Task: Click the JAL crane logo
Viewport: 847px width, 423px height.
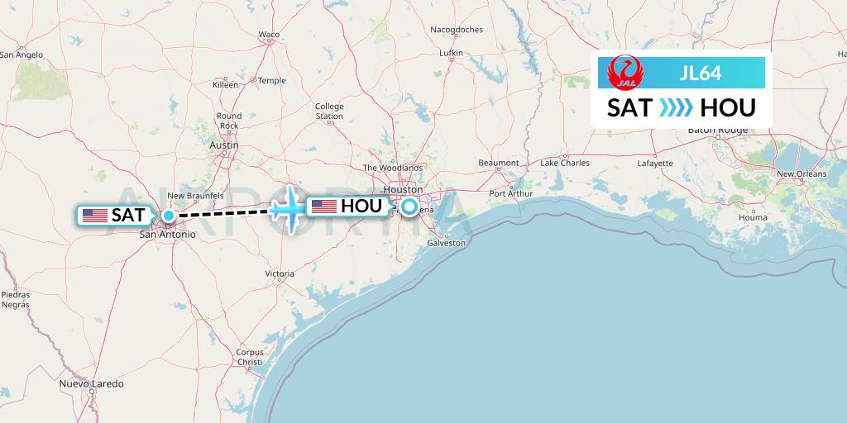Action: (x=622, y=73)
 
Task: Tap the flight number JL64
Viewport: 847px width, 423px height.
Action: (x=700, y=73)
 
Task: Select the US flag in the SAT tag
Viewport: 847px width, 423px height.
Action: (x=95, y=216)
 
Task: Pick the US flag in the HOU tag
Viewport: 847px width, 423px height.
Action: (x=323, y=207)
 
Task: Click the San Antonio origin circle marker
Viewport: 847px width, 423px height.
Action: (x=168, y=216)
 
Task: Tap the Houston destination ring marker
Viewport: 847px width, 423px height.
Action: (x=409, y=207)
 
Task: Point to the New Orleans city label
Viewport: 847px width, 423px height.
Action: (x=801, y=173)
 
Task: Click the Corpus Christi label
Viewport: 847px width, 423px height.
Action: (x=249, y=357)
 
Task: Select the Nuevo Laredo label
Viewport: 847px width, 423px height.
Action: (x=91, y=384)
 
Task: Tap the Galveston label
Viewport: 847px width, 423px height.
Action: (x=447, y=243)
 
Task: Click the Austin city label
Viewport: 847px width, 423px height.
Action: (x=224, y=145)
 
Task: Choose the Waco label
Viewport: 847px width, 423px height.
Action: (x=269, y=34)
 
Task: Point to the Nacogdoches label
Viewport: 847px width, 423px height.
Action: (x=456, y=30)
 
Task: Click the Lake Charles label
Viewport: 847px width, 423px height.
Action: (x=564, y=163)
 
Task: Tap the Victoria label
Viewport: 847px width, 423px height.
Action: (x=280, y=273)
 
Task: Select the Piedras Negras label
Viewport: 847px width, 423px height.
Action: (x=16, y=299)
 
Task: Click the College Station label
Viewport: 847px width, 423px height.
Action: (x=329, y=111)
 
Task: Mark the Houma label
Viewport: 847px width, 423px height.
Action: (x=753, y=217)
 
